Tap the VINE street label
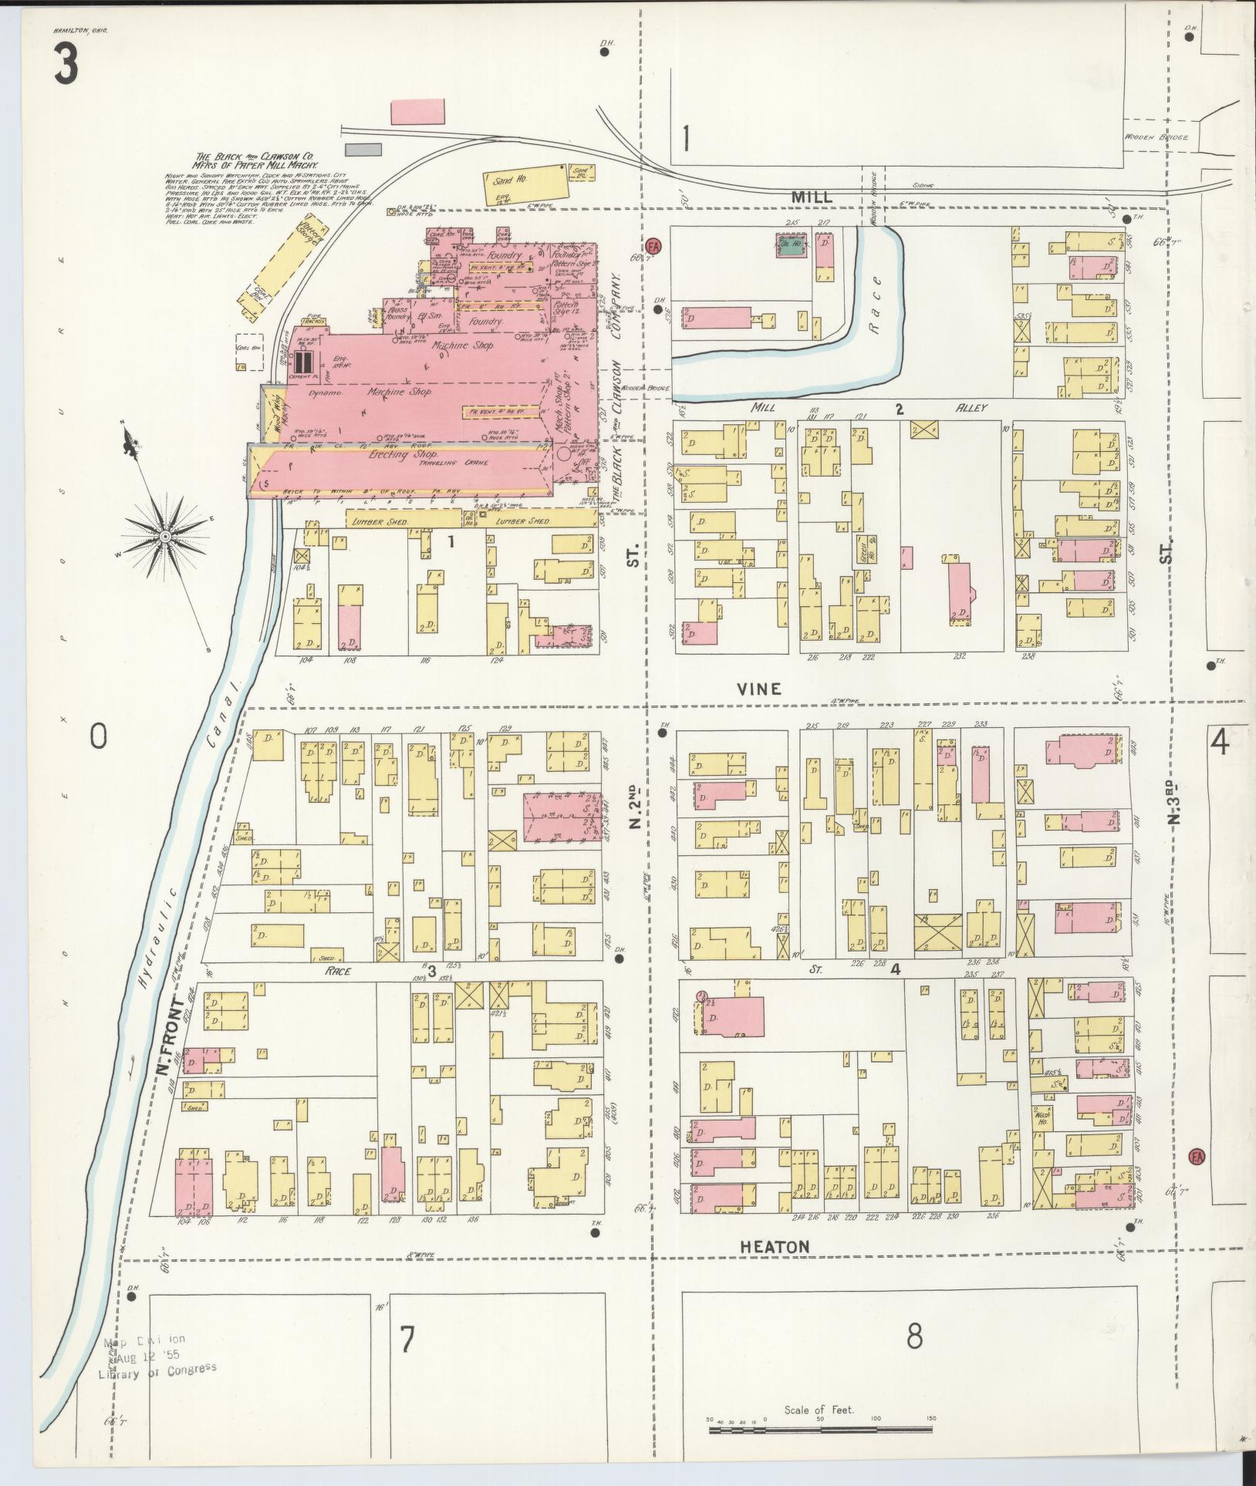tap(759, 689)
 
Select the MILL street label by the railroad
tap(812, 197)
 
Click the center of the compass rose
tap(165, 536)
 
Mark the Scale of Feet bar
tap(821, 1430)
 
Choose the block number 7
tap(407, 1341)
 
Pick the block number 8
tap(914, 1336)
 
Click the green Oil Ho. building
tap(788, 248)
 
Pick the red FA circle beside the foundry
tap(654, 245)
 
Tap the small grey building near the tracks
tap(359, 149)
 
